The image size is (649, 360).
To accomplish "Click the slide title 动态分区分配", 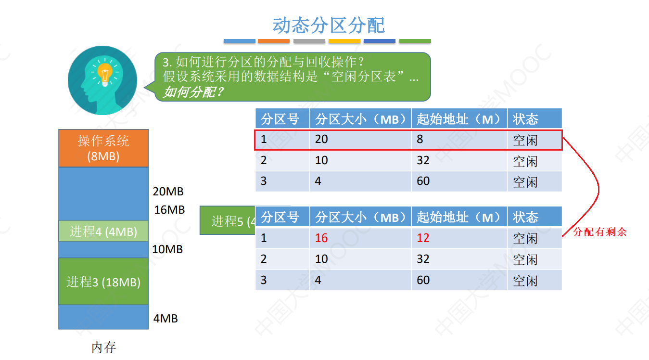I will click(x=329, y=25).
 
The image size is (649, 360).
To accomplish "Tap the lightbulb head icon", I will click(x=102, y=80).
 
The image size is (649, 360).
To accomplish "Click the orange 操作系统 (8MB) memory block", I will click(x=103, y=148).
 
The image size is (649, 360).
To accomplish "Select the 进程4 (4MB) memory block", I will click(x=103, y=231).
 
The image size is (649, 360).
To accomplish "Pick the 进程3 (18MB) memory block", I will click(x=103, y=282).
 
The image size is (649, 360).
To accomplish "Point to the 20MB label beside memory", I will click(x=168, y=192).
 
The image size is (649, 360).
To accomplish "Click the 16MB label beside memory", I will click(x=169, y=210).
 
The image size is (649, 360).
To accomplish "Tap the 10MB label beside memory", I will click(x=167, y=249).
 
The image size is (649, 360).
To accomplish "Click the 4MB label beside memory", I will click(x=165, y=319).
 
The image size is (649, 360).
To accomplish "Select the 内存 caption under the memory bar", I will click(x=103, y=347).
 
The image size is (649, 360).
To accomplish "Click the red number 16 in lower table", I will click(x=321, y=238).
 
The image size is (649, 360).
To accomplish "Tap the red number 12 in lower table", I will click(x=423, y=238).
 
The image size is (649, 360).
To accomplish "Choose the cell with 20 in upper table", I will click(x=321, y=140).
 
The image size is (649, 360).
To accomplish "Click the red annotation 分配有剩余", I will click(x=600, y=232).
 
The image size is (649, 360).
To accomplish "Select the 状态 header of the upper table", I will click(x=525, y=119).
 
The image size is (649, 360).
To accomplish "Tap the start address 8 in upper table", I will click(x=420, y=140).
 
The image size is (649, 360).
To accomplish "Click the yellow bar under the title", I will click(x=344, y=41).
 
